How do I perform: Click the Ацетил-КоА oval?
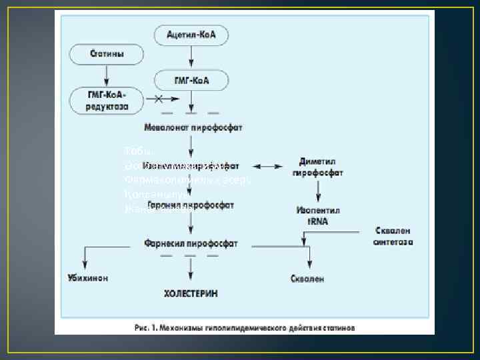(191, 33)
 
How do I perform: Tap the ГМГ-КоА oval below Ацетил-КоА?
(191, 81)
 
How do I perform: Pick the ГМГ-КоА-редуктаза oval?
(107, 100)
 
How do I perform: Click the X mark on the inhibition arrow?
(159, 100)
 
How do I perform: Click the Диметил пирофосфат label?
(317, 168)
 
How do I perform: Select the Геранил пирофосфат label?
(190, 206)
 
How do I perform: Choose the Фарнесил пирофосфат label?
(190, 243)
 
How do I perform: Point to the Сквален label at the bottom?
(307, 279)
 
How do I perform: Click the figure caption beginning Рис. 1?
(243, 327)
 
